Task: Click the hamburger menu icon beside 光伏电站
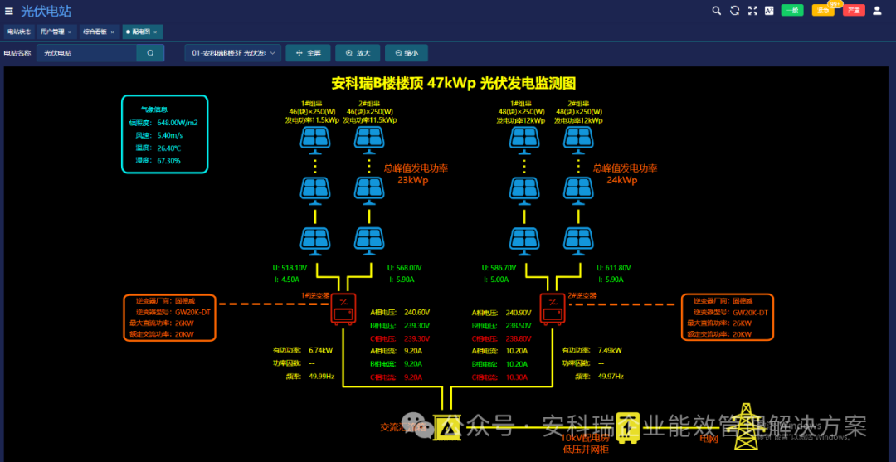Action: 9,11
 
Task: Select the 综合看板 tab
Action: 95,32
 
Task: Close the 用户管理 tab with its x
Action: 70,32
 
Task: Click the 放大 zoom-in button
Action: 358,53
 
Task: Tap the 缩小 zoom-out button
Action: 407,53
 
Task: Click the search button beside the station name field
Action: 150,53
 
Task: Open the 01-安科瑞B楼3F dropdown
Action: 234,53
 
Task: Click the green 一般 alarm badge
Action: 792,11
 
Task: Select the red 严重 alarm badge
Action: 854,11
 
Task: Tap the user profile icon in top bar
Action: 877,11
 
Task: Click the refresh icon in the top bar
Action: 734,11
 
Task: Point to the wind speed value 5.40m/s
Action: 169,135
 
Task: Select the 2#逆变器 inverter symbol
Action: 551,309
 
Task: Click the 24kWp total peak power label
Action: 621,179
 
